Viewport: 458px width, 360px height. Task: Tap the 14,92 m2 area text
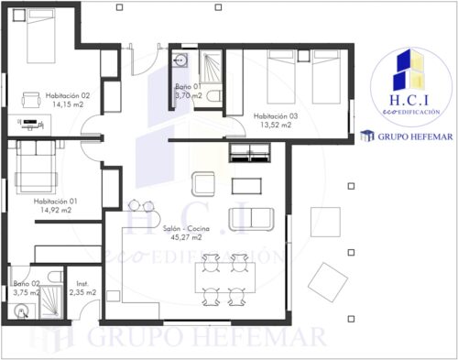[x=54, y=210]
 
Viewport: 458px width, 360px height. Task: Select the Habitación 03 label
[x=276, y=116]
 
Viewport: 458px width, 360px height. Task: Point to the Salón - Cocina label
[x=185, y=227]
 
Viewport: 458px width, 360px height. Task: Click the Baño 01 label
[x=189, y=85]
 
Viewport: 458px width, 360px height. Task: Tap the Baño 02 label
[x=27, y=284]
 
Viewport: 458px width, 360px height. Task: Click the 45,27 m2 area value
[x=185, y=236]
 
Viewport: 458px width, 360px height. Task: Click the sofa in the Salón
[x=256, y=217]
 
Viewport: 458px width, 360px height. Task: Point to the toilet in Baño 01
[x=213, y=95]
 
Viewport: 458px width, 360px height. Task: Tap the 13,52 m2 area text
[x=276, y=125]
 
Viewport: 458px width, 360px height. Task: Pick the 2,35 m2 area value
[x=86, y=293]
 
